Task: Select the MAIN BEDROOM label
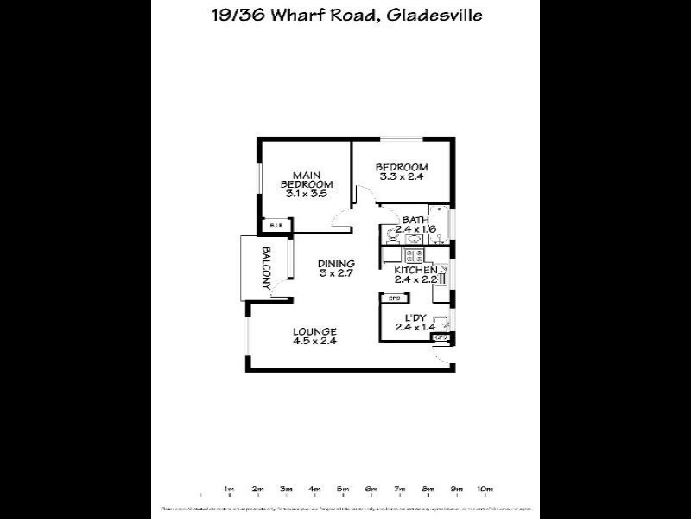(307, 178)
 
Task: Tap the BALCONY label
(268, 268)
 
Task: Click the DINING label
(336, 264)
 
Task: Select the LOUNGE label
(314, 331)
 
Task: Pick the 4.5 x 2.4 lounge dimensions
(314, 342)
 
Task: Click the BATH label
(415, 220)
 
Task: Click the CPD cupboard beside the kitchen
(394, 298)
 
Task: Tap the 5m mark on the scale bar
(343, 490)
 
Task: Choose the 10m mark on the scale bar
(485, 490)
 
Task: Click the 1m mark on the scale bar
(229, 490)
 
